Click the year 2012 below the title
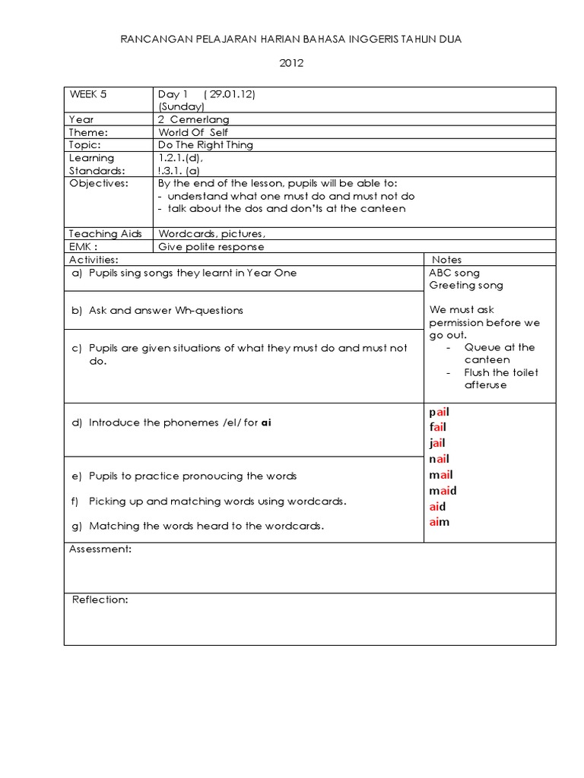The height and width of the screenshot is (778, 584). pyautogui.click(x=291, y=63)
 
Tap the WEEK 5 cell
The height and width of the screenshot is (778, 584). pyautogui.click(x=88, y=94)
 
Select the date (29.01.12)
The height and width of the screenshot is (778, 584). pyautogui.click(x=230, y=94)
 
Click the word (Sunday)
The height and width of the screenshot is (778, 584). pyautogui.click(x=181, y=107)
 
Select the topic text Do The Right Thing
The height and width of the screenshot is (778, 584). pyautogui.click(x=205, y=144)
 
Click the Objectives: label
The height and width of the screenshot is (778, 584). pyautogui.click(x=99, y=183)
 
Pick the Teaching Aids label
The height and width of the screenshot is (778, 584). pyautogui.click(x=106, y=234)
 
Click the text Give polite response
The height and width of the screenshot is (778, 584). pyautogui.click(x=211, y=246)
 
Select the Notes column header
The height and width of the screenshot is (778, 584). pyautogui.click(x=446, y=260)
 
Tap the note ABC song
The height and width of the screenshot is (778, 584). pyautogui.click(x=454, y=273)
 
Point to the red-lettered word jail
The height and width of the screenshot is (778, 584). pyautogui.click(x=437, y=443)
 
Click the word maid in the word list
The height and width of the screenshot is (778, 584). pyautogui.click(x=443, y=491)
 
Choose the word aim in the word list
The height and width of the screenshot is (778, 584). pyautogui.click(x=440, y=522)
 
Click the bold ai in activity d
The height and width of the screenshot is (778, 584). pyautogui.click(x=265, y=422)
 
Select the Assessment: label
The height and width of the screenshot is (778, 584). pyautogui.click(x=100, y=549)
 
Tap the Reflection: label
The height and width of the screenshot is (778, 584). pyautogui.click(x=100, y=599)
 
